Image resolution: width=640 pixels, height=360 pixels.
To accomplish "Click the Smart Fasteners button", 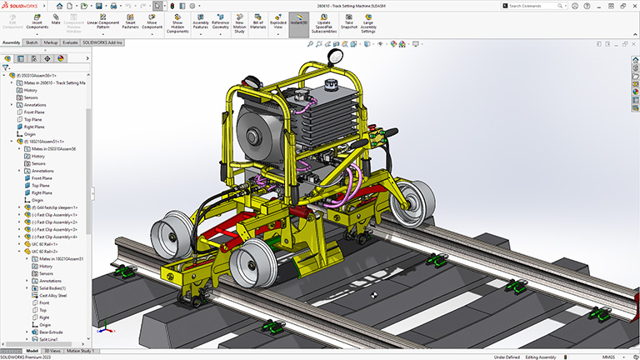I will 130,22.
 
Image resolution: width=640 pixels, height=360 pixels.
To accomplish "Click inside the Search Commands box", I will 546,6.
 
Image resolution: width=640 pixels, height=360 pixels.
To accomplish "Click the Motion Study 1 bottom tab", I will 80,351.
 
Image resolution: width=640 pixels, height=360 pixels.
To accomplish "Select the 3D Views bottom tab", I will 53,351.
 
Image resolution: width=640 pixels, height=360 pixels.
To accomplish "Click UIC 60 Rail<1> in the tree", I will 49,243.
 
